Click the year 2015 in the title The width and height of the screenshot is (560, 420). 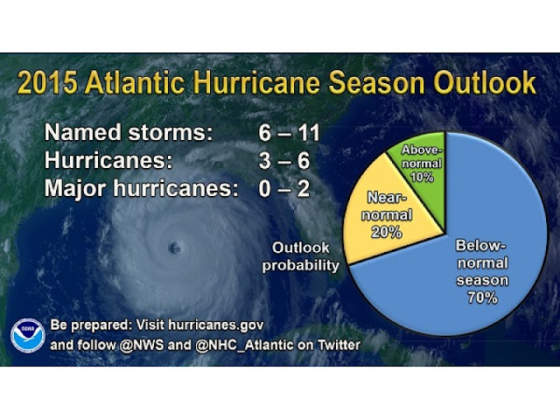47,82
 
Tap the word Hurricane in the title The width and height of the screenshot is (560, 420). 257,82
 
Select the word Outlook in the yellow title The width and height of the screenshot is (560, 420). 485,82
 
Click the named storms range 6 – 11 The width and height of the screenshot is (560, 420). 289,132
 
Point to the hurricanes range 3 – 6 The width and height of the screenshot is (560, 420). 283,160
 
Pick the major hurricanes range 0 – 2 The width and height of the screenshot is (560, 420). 283,188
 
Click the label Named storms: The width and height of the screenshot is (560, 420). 129,132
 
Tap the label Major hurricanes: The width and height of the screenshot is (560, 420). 141,188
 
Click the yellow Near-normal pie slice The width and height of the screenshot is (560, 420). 386,214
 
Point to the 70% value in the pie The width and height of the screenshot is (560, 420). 482,297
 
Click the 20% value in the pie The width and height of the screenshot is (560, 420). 387,233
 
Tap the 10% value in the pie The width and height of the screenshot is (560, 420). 422,177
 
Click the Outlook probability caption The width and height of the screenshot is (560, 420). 300,256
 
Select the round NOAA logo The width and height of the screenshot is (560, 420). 27,335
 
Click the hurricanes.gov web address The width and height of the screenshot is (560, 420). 216,325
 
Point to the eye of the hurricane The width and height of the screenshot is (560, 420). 175,247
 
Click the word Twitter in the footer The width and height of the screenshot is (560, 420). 339,345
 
